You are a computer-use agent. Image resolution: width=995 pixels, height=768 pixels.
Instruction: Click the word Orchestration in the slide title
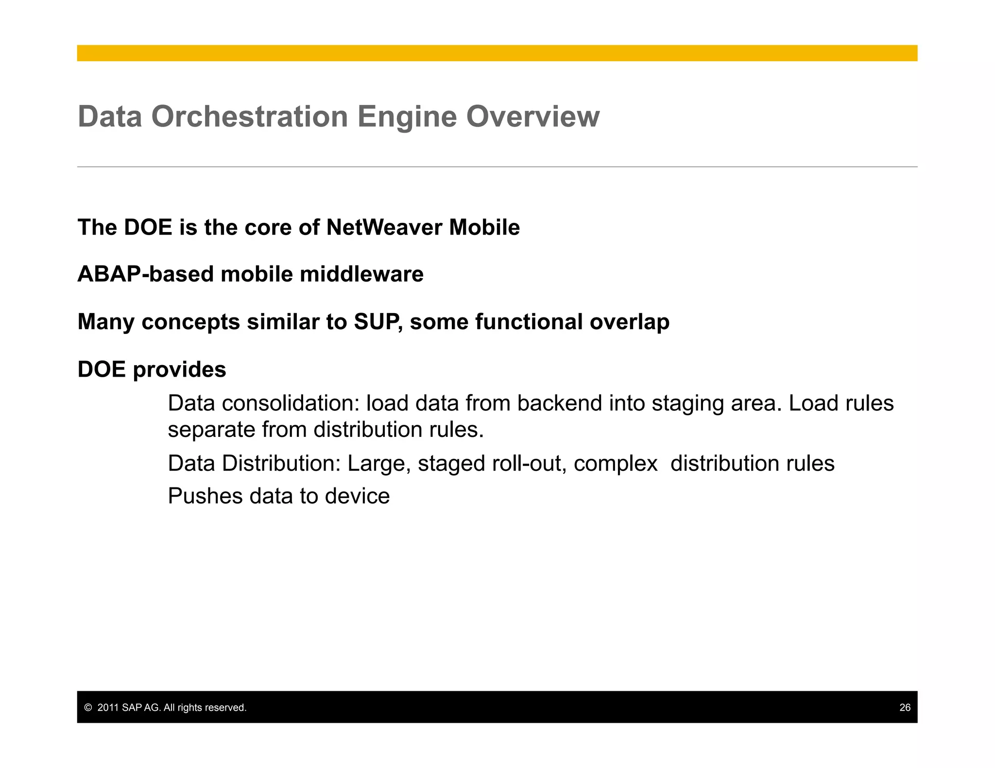coord(250,117)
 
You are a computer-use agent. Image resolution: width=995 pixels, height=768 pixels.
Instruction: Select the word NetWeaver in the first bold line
coord(384,227)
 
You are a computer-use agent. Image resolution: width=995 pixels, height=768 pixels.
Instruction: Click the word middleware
coord(361,274)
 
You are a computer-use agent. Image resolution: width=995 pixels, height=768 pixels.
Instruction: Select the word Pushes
coord(205,496)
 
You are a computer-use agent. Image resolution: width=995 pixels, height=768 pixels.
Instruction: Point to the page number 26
coord(905,707)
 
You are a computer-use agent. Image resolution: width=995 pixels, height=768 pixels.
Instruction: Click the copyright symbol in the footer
coord(88,708)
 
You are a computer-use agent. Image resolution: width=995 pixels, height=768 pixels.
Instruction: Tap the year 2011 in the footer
coord(108,708)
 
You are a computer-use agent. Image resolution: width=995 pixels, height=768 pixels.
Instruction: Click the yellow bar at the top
coord(497,53)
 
